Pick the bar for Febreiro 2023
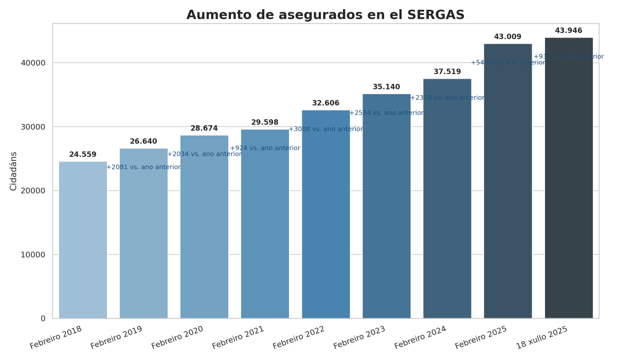tap(386, 206)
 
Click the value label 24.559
tap(83, 155)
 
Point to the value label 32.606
tap(325, 103)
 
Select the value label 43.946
tap(569, 31)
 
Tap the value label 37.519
tap(447, 72)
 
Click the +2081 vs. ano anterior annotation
tap(143, 167)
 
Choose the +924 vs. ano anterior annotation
tap(265, 148)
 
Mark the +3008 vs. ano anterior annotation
tap(326, 129)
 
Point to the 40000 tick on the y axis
tap(36, 63)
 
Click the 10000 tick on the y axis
tap(36, 255)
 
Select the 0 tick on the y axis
tap(43, 319)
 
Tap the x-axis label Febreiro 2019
tap(117, 337)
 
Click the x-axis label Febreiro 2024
tap(420, 337)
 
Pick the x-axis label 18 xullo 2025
tap(542, 337)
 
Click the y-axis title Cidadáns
tap(14, 171)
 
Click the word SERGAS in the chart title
tap(436, 15)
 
